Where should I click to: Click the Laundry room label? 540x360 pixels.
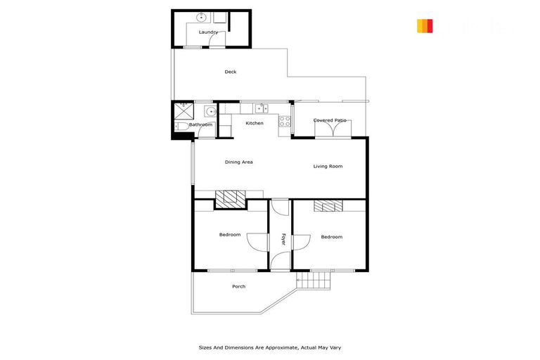click(208, 32)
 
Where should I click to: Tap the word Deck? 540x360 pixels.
click(230, 72)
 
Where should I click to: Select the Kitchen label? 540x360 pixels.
click(254, 123)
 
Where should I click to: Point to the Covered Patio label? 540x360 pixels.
click(330, 120)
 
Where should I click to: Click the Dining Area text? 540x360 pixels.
click(238, 162)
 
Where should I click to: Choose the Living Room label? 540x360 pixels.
click(328, 166)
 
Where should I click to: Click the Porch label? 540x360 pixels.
click(239, 286)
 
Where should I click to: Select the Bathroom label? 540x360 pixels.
click(200, 125)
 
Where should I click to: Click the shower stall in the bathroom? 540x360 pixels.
click(183, 111)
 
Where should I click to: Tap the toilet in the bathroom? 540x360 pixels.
click(180, 127)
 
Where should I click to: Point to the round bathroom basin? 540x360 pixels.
click(210, 111)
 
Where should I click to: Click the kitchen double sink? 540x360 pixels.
click(261, 108)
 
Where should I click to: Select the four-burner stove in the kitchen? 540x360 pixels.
click(285, 124)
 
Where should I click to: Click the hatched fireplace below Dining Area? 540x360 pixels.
click(231, 200)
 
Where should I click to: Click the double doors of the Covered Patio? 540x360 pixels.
click(333, 131)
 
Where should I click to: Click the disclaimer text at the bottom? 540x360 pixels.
click(270, 347)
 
